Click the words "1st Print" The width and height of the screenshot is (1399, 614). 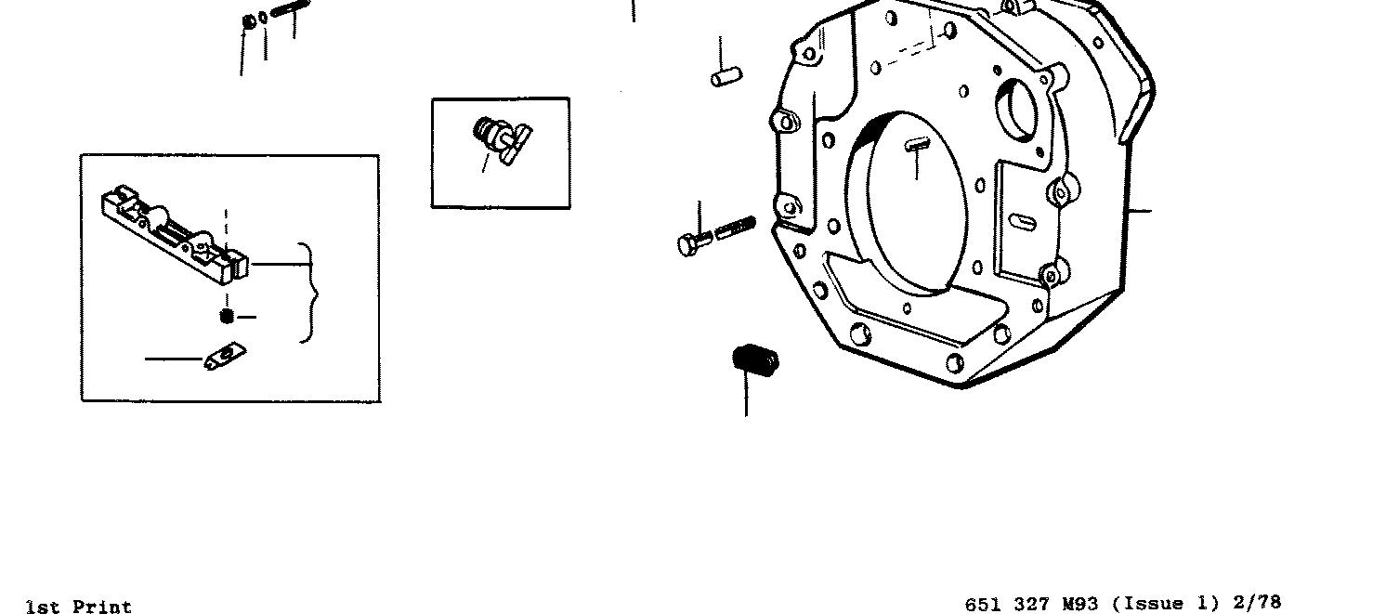[79, 607]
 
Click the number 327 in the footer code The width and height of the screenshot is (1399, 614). [1031, 604]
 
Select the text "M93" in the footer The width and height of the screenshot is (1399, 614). [1080, 604]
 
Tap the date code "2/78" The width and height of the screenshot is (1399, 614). [1257, 603]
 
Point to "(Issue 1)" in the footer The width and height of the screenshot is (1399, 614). [1165, 604]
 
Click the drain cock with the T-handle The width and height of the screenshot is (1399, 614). [501, 140]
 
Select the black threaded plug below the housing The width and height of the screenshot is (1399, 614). [755, 359]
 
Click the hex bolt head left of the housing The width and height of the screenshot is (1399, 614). [690, 244]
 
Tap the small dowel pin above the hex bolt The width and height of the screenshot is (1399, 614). [726, 77]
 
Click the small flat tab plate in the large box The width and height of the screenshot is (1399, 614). [225, 356]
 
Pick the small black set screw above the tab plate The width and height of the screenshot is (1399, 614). [226, 317]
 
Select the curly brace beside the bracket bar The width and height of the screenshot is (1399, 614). [309, 293]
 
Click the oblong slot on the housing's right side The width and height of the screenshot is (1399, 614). [1022, 222]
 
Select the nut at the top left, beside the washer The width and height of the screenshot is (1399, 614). [249, 20]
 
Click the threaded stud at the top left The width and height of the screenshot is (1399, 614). [291, 12]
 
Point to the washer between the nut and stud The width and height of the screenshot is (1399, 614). [264, 17]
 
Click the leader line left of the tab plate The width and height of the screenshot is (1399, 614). [174, 359]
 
